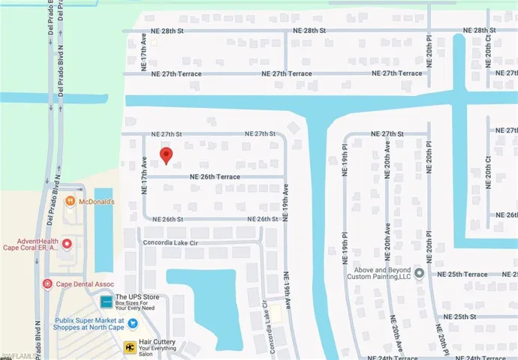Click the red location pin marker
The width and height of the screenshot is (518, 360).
[x=166, y=155]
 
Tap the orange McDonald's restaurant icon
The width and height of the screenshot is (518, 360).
[x=69, y=201]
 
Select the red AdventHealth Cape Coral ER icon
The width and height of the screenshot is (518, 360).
[x=67, y=244]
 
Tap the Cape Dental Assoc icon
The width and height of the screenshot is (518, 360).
[x=47, y=283]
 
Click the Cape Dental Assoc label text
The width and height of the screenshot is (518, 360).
[x=80, y=283]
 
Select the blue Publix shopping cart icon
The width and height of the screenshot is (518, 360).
[x=132, y=323]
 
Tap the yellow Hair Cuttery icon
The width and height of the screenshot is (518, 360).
[x=130, y=346]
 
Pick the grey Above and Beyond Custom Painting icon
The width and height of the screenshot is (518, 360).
[x=419, y=272]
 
